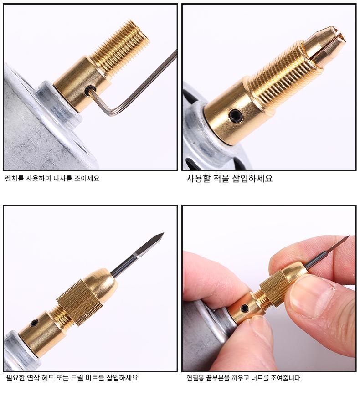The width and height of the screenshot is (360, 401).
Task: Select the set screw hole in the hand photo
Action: click(x=245, y=308)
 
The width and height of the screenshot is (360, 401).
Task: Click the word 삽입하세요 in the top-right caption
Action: click(x=252, y=178)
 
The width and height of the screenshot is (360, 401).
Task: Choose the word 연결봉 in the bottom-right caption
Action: click(x=195, y=378)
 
